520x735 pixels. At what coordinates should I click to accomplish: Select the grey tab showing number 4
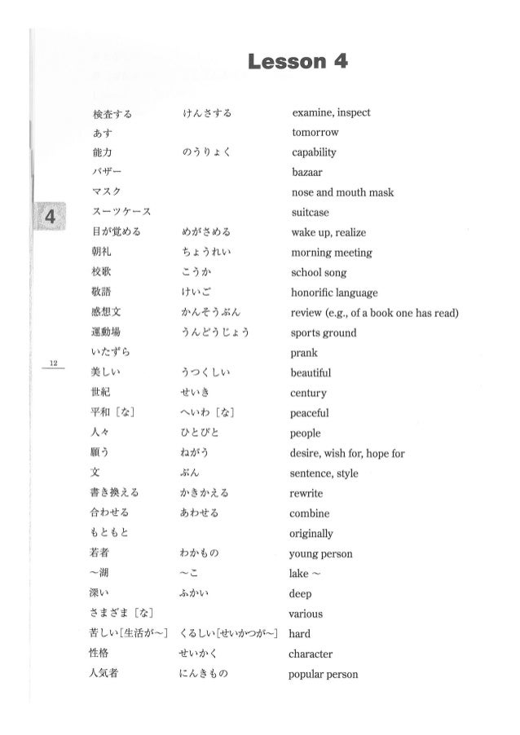pos(50,217)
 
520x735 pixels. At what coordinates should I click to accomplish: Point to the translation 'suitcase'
pos(311,213)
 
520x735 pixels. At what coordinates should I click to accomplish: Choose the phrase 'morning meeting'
pos(330,253)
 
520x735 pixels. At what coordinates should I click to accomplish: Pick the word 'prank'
pos(304,353)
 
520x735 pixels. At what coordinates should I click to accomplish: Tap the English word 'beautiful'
pos(311,373)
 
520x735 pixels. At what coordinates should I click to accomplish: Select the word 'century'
pos(309,394)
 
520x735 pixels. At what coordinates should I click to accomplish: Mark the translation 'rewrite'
pos(307,494)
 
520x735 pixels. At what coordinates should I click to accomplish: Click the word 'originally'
pos(312,534)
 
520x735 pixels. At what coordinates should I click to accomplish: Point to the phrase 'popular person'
pos(324,675)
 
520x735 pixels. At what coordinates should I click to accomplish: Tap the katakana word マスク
pos(108,192)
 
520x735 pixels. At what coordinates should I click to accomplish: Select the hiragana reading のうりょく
pos(204,152)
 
